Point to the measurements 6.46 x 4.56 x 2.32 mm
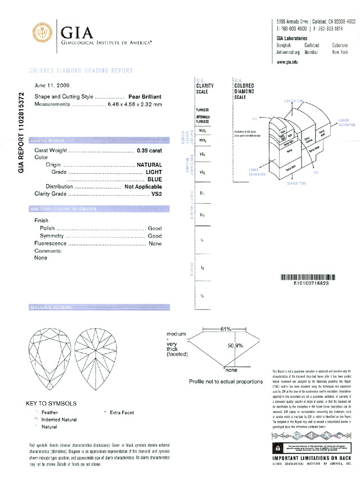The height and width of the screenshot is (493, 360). (134, 105)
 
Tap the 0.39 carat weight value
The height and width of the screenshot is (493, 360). (149, 152)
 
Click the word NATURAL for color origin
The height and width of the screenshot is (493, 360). (149, 165)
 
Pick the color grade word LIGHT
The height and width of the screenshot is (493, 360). (154, 172)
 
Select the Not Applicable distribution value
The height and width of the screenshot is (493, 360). (143, 186)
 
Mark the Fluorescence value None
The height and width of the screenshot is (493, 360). (155, 244)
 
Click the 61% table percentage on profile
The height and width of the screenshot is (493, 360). (226, 328)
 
